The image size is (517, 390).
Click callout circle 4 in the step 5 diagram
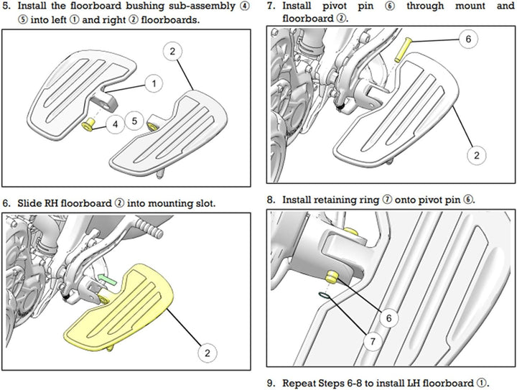[x=116, y=124]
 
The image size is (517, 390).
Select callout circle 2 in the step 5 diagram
[x=172, y=50]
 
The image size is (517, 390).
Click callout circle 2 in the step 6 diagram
[x=207, y=353]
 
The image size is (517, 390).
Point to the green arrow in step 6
[x=106, y=277]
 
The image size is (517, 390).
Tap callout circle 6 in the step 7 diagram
[x=468, y=40]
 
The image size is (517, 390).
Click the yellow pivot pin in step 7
[x=404, y=51]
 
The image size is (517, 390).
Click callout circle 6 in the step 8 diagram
[x=388, y=317]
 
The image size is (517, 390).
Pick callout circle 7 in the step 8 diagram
[x=372, y=342]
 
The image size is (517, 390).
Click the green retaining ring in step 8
[x=323, y=294]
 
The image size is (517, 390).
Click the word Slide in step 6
[x=28, y=203]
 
